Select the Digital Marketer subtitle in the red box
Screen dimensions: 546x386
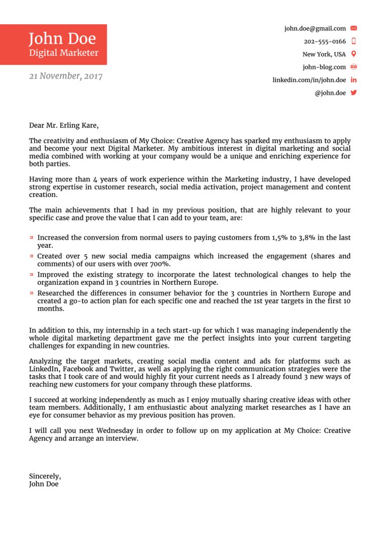(x=63, y=53)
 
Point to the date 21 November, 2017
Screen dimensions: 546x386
(x=65, y=76)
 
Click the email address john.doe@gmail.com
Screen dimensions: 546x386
(x=315, y=29)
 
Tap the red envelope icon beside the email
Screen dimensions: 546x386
(x=353, y=29)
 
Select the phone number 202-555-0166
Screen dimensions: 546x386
(x=325, y=42)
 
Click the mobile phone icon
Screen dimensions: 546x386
(x=353, y=41)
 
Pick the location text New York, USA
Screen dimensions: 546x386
(x=324, y=54)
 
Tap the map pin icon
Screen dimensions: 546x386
(x=353, y=54)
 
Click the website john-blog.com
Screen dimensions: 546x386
(x=324, y=67)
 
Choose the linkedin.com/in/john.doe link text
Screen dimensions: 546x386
(x=309, y=80)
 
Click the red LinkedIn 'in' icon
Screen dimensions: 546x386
(x=353, y=80)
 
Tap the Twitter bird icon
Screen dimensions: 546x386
(x=353, y=93)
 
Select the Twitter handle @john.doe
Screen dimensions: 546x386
(x=330, y=93)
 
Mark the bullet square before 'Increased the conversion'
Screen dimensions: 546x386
(x=32, y=238)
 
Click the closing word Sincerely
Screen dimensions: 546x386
(x=45, y=476)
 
